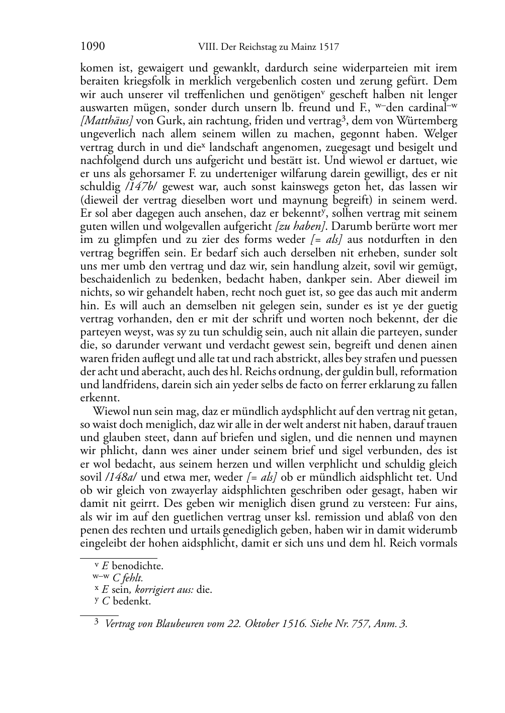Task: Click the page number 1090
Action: click(x=93, y=47)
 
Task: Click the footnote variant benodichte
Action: click(x=137, y=566)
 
